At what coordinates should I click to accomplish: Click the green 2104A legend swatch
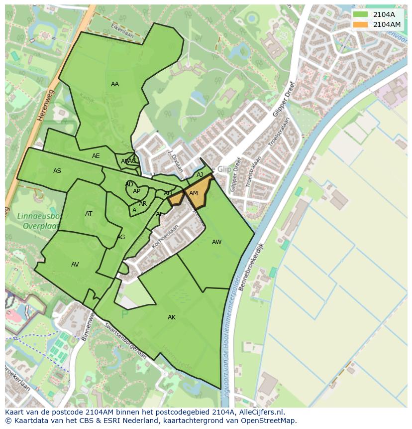coord(360,14)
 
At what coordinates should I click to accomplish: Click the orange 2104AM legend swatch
coord(360,24)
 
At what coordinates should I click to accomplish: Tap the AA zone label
coord(115,84)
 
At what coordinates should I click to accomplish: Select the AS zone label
coord(57,171)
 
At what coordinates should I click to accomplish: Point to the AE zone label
coord(96,156)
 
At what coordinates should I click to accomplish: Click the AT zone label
coord(89,214)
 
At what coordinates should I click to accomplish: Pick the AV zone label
coord(75,265)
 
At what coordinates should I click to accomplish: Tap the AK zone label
coord(172,317)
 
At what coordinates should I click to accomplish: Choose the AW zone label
coord(216,242)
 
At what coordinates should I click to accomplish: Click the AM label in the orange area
coord(194,193)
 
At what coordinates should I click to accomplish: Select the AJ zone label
coord(200,175)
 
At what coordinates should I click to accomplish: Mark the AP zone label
coord(136,191)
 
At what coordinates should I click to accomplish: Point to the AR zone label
coord(143,204)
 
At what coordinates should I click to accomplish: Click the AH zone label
coord(168,193)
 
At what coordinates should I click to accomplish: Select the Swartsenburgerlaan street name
coord(126,342)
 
